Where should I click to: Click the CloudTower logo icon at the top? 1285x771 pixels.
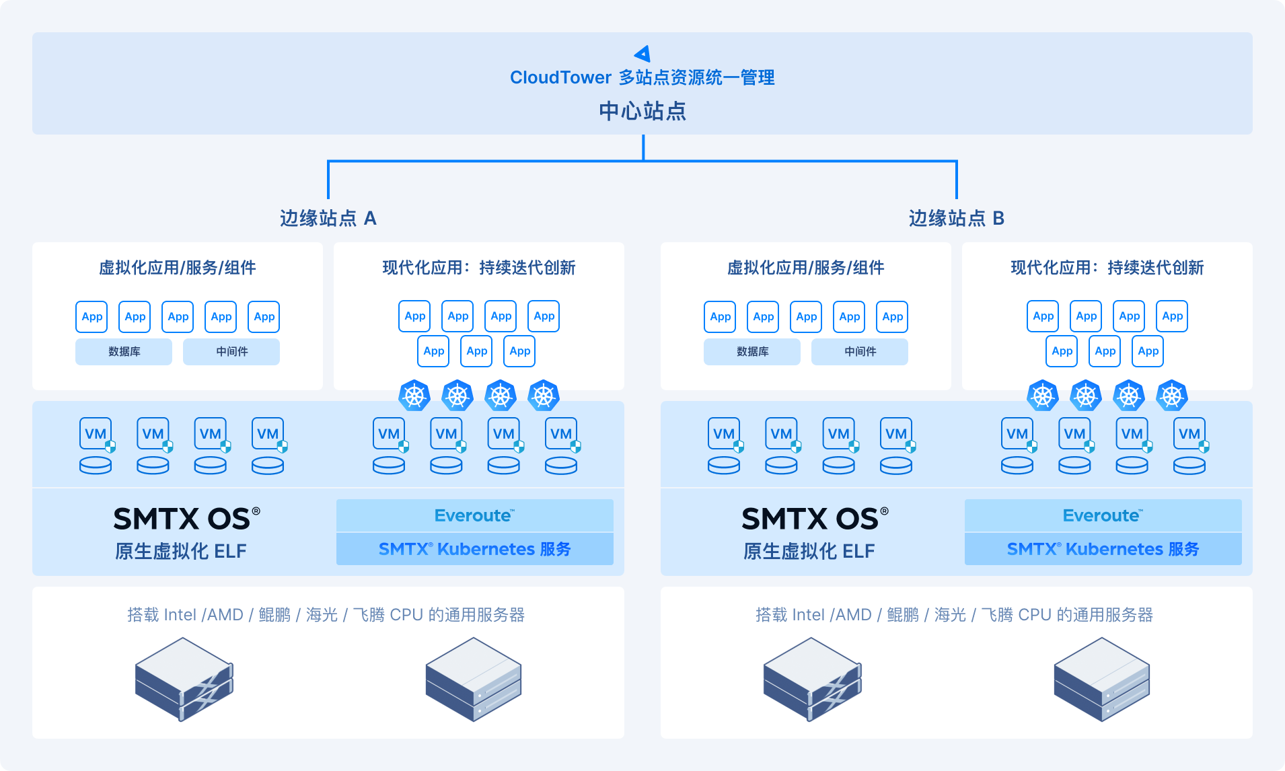[x=642, y=54]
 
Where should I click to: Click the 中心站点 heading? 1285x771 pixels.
[x=642, y=111]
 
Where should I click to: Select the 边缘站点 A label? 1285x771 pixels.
[x=328, y=218]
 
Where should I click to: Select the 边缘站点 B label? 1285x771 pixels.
[x=956, y=218]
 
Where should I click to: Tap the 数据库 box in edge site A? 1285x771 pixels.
[x=124, y=352]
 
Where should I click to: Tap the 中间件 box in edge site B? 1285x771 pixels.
[x=860, y=352]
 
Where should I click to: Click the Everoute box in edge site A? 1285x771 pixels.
[x=474, y=515]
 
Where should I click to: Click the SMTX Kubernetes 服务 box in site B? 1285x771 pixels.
[x=1103, y=549]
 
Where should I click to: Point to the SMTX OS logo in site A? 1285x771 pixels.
[x=186, y=519]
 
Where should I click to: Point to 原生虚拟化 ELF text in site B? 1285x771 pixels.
[x=809, y=551]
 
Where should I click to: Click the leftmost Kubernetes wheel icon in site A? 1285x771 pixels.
[x=414, y=396]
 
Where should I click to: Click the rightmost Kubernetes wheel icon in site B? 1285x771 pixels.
[x=1172, y=396]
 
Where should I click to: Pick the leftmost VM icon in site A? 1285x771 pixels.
[x=96, y=434]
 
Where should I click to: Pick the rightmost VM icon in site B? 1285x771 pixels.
[x=1189, y=434]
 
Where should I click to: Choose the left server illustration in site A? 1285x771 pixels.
[x=184, y=680]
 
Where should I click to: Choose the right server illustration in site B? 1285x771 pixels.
[x=1101, y=680]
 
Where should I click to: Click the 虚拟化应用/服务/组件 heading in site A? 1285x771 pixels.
[x=178, y=268]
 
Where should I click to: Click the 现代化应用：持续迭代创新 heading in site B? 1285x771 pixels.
[x=1107, y=268]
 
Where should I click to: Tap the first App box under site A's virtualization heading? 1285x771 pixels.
[x=92, y=317]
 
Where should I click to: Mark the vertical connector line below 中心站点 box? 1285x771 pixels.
[x=643, y=147]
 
